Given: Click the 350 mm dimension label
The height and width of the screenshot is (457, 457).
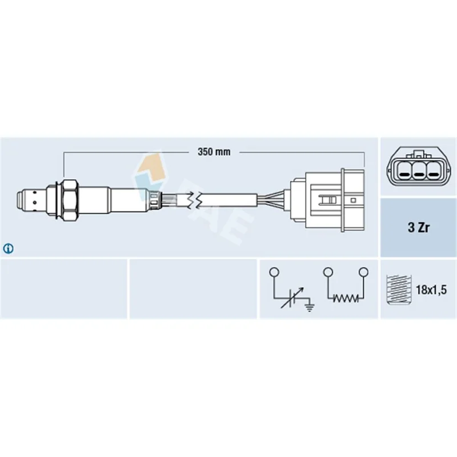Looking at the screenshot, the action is (214, 152).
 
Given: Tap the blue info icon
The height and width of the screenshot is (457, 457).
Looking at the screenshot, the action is (8, 248).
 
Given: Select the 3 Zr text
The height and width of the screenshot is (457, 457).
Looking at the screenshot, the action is (418, 227).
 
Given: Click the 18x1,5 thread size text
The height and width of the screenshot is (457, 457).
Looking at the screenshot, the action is (431, 290).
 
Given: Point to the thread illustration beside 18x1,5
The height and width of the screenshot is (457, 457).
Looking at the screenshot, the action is (398, 290).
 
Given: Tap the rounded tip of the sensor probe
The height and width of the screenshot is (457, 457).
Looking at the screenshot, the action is (19, 200).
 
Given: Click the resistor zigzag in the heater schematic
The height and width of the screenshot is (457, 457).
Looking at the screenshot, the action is (346, 298).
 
